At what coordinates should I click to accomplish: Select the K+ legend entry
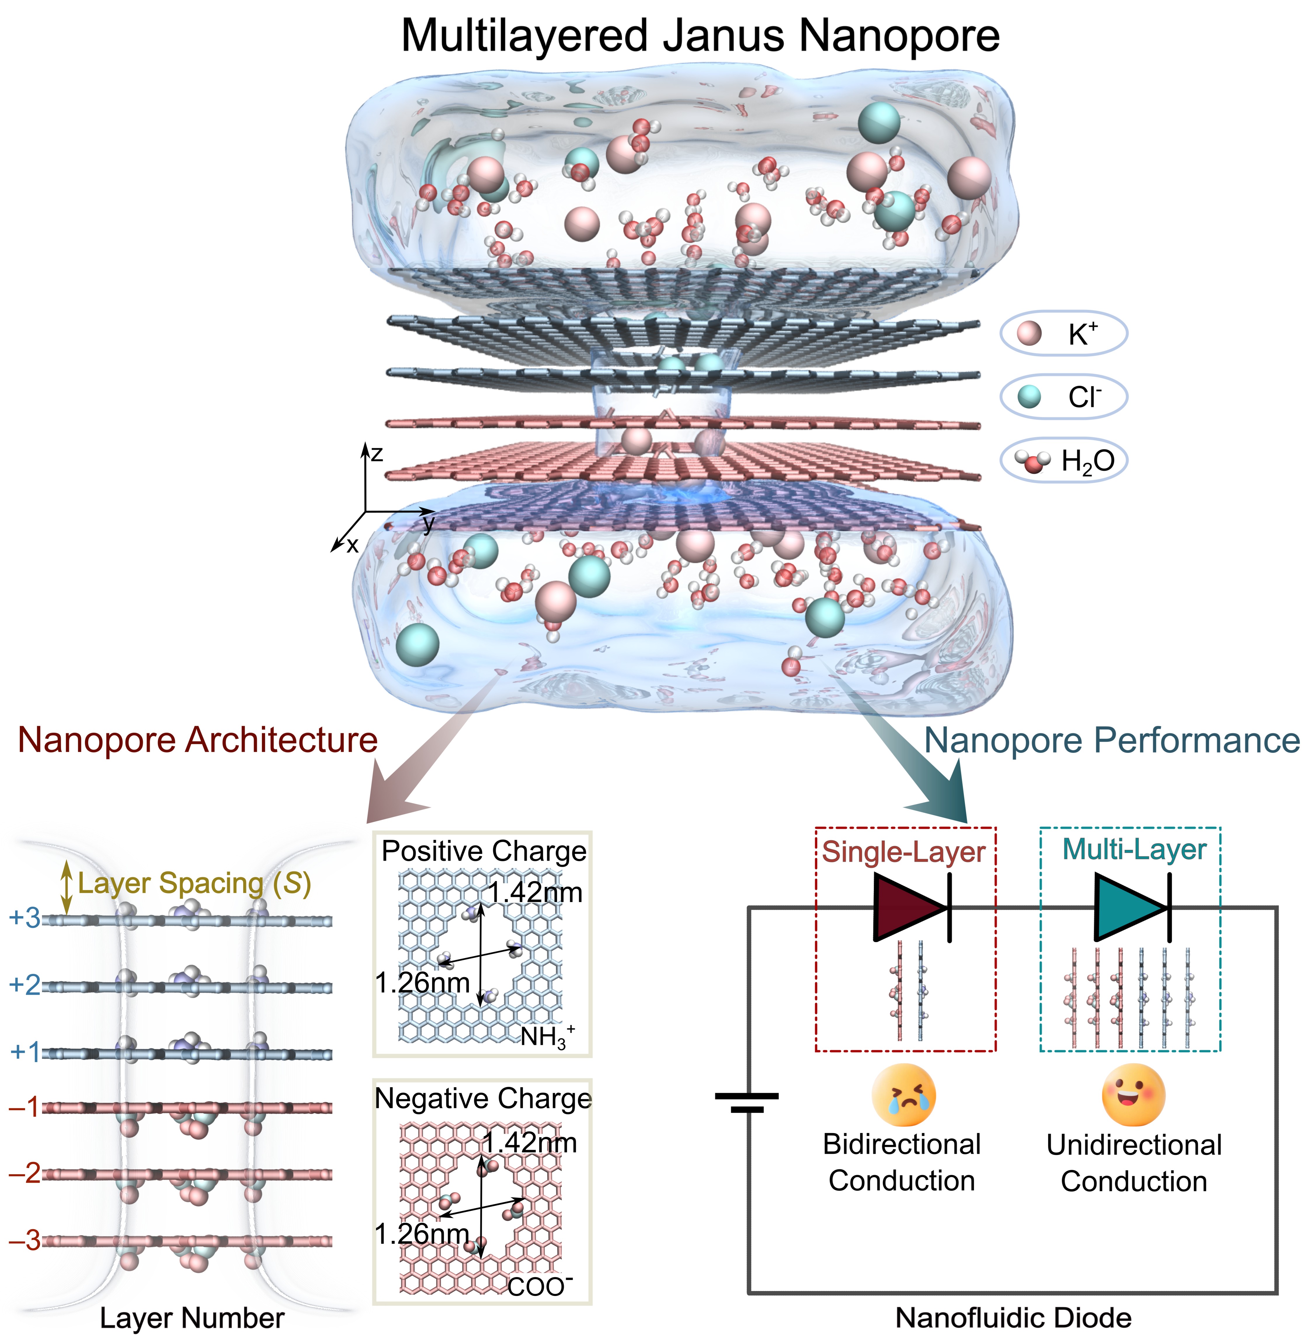[1063, 334]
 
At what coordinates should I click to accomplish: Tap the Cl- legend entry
[1063, 397]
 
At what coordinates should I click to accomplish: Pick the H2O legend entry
[1063, 460]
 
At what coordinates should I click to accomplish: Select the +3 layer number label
[25, 918]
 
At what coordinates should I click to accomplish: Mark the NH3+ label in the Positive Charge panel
[547, 1036]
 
